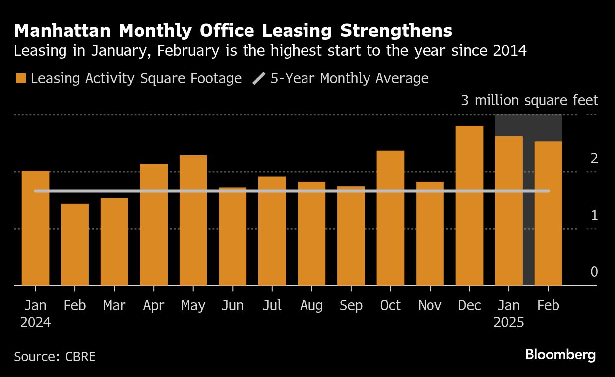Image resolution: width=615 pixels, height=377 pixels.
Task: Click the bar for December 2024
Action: [x=469, y=205]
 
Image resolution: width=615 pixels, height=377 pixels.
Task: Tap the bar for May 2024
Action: [x=193, y=220]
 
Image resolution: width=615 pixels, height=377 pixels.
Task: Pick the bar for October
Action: [x=390, y=218]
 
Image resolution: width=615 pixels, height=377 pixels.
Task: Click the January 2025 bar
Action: [x=509, y=211]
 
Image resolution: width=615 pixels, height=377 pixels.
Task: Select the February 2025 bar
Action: [x=548, y=213]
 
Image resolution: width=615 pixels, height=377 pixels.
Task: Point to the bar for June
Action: [x=233, y=236]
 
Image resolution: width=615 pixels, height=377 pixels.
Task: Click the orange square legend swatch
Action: [x=21, y=78]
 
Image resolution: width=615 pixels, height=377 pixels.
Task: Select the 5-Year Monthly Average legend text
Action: [x=349, y=78]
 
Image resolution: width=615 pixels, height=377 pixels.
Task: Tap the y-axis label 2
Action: [x=594, y=159]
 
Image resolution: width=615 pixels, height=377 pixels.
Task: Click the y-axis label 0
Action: [x=594, y=272]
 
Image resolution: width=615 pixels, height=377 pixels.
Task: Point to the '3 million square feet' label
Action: [x=529, y=101]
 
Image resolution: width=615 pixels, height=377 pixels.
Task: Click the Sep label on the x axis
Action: [x=351, y=305]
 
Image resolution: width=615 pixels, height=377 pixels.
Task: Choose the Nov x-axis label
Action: [x=430, y=305]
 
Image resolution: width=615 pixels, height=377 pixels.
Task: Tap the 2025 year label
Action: [x=509, y=322]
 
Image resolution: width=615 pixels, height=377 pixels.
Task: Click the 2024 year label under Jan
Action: [x=35, y=322]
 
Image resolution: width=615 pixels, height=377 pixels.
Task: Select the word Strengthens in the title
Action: [x=396, y=31]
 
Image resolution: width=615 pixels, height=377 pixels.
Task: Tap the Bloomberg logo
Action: [x=560, y=355]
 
